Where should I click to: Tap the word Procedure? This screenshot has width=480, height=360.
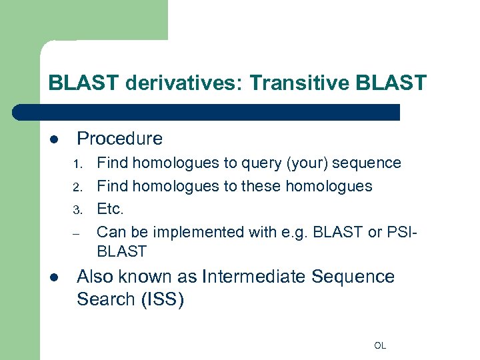point(119,139)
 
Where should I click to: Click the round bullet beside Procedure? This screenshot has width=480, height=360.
point(54,139)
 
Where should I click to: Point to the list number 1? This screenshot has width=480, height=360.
point(77,164)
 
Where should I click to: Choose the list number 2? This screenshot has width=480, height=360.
point(77,187)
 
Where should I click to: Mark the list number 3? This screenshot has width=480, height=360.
point(77,210)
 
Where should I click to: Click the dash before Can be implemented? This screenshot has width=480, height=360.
point(77,233)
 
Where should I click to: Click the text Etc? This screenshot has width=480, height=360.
point(111,209)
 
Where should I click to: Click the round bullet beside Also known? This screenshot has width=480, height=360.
point(54,277)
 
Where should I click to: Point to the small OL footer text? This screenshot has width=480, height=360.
point(380,345)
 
